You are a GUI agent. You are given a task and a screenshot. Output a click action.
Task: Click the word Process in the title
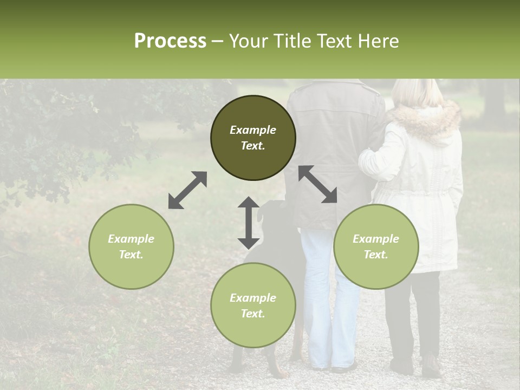[170, 41]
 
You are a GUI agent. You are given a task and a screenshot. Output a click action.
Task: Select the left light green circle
[131, 246]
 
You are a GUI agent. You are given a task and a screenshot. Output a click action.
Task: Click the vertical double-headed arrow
[249, 223]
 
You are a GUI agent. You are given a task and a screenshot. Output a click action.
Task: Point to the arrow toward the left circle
[187, 190]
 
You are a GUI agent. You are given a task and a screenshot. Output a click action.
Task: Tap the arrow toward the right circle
[317, 184]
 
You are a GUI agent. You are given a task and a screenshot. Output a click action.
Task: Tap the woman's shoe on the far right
[431, 367]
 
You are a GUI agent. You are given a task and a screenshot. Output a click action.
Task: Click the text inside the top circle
[253, 138]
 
